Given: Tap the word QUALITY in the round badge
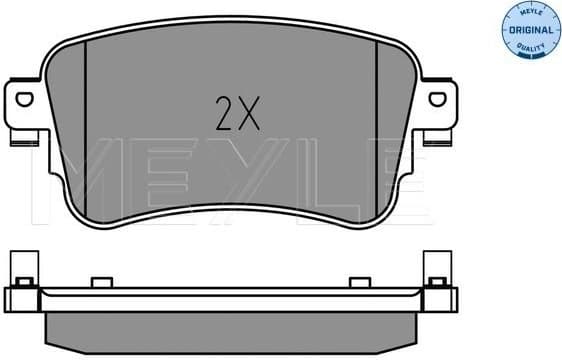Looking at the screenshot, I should click(530, 48).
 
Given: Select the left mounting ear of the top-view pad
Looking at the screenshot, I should click(25, 108).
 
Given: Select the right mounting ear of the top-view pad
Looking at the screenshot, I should click(437, 108).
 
